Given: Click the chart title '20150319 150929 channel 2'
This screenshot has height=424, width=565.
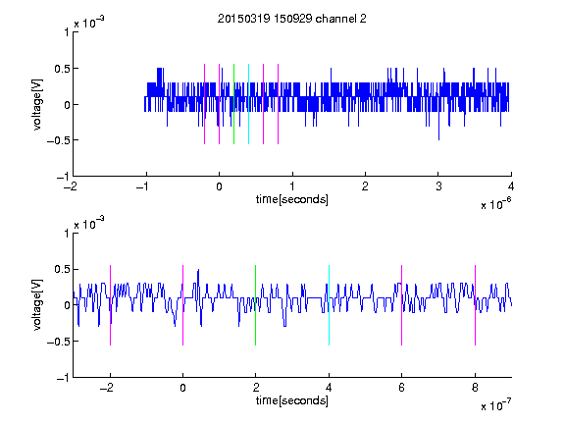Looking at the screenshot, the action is tap(292, 19).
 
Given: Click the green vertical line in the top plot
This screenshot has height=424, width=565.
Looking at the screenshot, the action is tap(233, 104).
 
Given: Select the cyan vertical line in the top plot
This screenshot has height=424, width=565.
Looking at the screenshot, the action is tap(248, 104).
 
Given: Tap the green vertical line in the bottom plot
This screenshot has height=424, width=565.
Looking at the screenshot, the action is tap(255, 305).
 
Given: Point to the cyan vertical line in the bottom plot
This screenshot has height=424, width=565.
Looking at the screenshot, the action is tap(329, 305).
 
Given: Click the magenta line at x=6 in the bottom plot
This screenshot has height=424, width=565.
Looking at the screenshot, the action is tap(402, 305).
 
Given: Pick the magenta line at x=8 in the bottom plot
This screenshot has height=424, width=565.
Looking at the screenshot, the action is tap(476, 305).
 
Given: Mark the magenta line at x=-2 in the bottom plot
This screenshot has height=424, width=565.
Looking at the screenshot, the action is tap(110, 305).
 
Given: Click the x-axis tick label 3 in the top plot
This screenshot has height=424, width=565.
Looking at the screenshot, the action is tap(438, 186).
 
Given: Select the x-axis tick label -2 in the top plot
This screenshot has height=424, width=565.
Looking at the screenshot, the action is tap(71, 186).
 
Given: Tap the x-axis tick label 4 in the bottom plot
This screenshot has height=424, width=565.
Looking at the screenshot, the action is tap(329, 388).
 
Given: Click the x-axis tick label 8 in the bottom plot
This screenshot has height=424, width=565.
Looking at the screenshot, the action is tap(475, 388).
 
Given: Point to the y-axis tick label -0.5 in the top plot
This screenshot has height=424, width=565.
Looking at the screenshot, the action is tap(58, 140).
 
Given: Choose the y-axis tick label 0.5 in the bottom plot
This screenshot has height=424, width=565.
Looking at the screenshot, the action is tap(62, 269).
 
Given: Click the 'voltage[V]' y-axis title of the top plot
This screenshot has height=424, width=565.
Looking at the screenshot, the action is tap(37, 104).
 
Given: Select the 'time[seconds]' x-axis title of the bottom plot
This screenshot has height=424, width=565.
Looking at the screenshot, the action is tap(292, 400).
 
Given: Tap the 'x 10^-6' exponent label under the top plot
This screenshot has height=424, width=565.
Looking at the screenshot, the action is tap(495, 203).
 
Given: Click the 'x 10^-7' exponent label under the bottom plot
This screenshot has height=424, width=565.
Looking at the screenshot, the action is tap(495, 404).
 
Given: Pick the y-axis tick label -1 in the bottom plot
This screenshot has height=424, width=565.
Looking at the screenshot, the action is tap(63, 378).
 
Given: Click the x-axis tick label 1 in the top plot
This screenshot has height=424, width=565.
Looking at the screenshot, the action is tap(292, 186).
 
